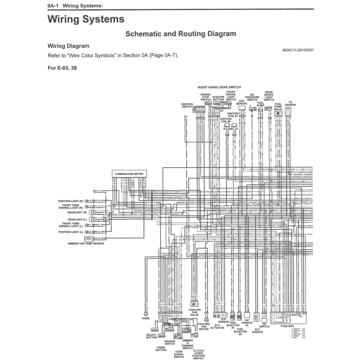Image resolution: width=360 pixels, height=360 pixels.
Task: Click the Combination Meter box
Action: [129, 174]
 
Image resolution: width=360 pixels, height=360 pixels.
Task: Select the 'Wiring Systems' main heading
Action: [86, 19]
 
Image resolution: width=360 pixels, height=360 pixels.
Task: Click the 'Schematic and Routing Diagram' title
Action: [181, 34]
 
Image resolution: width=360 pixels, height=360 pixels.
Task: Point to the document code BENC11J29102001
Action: [298, 50]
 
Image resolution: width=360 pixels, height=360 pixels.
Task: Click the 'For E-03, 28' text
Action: [62, 68]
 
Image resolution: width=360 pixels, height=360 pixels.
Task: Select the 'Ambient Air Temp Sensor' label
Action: [86, 244]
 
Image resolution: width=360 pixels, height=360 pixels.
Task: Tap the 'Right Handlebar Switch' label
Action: [219, 87]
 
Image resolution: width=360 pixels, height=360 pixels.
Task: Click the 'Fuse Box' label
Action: [287, 326]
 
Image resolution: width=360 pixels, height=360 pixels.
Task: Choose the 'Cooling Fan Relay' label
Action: [194, 312]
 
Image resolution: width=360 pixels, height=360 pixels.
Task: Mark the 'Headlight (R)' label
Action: [75, 213]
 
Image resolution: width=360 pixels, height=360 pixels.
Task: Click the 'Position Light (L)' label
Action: [71, 232]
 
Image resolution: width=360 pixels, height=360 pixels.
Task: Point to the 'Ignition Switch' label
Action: [187, 105]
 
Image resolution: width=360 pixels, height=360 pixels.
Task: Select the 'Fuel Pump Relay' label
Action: [279, 107]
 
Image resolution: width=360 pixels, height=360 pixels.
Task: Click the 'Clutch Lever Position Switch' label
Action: [198, 354]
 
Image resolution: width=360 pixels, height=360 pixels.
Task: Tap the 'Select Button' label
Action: [151, 336]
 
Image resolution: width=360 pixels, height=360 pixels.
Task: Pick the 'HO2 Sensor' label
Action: [242, 102]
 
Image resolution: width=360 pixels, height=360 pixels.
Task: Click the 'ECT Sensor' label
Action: [258, 331]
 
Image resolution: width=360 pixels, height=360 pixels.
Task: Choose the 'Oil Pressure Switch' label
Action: [252, 97]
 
